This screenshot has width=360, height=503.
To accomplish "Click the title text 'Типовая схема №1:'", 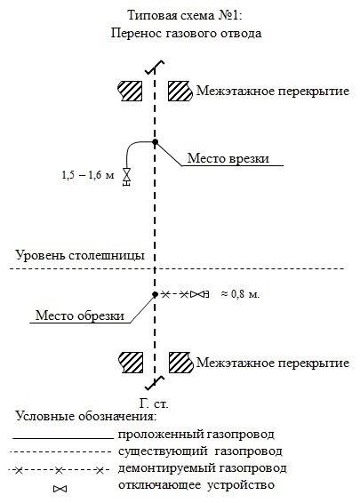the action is point(185,15).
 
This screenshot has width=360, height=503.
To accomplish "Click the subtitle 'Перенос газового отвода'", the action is point(186,33).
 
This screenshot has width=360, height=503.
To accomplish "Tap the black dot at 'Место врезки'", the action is point(156,142).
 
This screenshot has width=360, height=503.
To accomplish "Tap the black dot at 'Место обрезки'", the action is point(155,294).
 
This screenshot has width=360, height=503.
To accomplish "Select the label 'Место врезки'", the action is point(228,158).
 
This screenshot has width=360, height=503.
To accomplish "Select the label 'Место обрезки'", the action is point(80,315).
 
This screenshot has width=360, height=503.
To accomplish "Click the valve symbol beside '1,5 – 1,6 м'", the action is point(127,177).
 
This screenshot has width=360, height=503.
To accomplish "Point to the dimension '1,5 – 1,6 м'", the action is point(88,175).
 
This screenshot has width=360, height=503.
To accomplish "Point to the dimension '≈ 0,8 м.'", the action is point(240,293).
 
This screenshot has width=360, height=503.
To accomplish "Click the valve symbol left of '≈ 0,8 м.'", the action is point(199,294).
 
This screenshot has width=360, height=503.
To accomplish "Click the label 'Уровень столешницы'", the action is point(80,256).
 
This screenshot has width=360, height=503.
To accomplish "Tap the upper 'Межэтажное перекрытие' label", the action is point(273,91).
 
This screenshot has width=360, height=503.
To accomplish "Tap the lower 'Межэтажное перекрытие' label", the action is point(273,363).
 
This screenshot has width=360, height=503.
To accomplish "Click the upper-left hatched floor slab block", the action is point(131,91).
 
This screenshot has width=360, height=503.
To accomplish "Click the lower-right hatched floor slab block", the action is point(181,363).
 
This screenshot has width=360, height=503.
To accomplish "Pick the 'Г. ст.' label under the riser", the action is point(154,403).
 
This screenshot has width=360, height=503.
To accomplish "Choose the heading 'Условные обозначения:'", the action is point(86,416).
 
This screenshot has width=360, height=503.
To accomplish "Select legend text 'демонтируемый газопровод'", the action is point(203,468).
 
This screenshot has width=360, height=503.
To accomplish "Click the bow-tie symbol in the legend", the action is point(60,489).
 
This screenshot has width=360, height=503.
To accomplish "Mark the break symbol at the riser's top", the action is point(155,67).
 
